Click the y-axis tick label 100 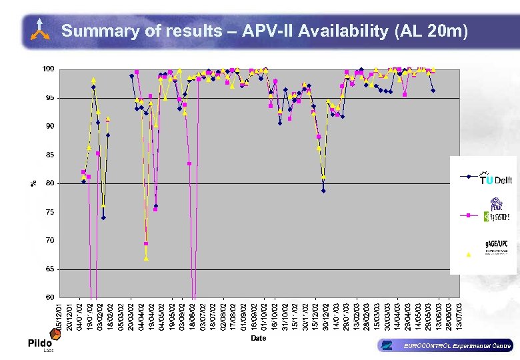[x=48, y=69]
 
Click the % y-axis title [x=34, y=183]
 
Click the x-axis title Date [x=259, y=338]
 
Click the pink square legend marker [x=468, y=215]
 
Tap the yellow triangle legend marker [x=468, y=254]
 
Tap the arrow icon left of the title [x=40, y=31]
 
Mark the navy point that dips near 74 [x=103, y=217]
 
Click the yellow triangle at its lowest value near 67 [x=146, y=258]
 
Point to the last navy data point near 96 [x=433, y=90]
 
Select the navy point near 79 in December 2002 [x=323, y=191]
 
